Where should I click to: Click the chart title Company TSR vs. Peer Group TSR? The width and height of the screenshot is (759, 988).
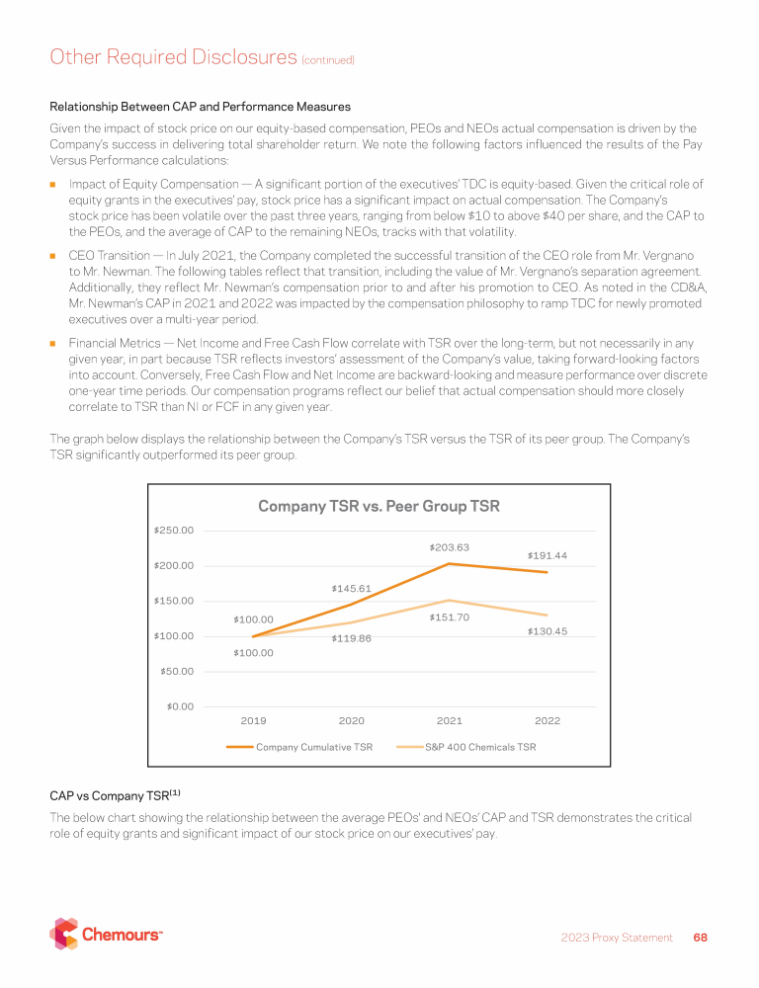coord(379,507)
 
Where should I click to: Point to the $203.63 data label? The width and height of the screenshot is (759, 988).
coord(449,547)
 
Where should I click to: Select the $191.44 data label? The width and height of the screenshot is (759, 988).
coord(547,555)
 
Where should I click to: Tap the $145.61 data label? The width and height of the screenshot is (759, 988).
coord(351,589)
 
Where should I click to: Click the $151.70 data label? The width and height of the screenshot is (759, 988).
coord(449,617)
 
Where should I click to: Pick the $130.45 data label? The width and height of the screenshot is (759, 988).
coord(548,631)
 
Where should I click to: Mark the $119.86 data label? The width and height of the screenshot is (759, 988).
coord(351,638)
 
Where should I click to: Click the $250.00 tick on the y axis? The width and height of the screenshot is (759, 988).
coord(173,531)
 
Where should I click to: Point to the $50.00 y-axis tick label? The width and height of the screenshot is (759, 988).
coord(176,672)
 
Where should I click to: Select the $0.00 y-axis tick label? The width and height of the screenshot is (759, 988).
coord(179,706)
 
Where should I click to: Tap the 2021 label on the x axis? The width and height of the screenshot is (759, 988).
coord(450,722)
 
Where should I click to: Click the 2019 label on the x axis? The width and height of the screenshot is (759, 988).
coord(254,722)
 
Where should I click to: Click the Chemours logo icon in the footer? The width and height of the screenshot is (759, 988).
coord(64,934)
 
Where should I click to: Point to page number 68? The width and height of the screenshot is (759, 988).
coord(700,938)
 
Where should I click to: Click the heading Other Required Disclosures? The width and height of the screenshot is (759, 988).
coord(172,57)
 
